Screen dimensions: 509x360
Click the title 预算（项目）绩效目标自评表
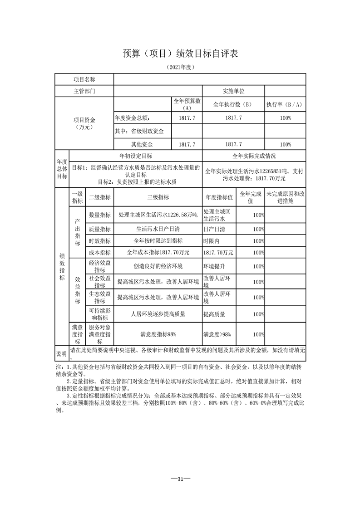(x=180, y=54)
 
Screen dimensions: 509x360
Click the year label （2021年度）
(x=180, y=67)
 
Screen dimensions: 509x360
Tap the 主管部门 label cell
(x=84, y=91)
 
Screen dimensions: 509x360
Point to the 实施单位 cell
(x=233, y=91)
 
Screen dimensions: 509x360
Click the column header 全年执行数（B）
(x=233, y=104)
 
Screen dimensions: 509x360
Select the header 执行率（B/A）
(x=285, y=104)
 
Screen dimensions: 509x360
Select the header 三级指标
(x=158, y=197)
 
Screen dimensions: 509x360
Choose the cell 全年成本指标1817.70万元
(x=158, y=252)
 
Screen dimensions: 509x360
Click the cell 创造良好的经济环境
(x=158, y=266)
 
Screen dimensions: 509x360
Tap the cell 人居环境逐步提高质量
(x=158, y=313)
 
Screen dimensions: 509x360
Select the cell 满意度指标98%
(x=158, y=334)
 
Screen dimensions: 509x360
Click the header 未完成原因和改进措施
(x=285, y=197)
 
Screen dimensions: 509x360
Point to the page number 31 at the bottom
(x=180, y=479)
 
